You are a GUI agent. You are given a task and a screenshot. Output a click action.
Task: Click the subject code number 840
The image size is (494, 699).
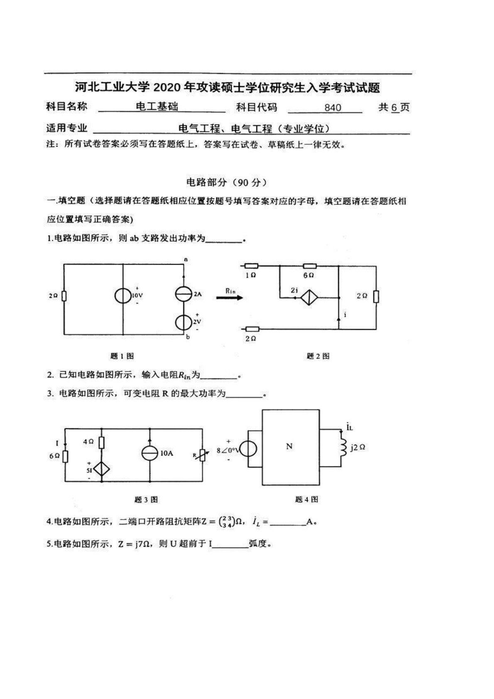click(333, 108)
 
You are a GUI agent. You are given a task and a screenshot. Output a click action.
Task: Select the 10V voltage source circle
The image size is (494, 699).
click(123, 295)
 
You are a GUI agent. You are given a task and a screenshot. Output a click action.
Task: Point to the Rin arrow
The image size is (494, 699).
click(230, 297)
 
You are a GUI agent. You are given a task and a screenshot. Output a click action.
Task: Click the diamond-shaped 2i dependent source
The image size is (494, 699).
click(309, 297)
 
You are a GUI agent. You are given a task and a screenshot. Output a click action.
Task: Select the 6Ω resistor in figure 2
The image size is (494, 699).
click(310, 266)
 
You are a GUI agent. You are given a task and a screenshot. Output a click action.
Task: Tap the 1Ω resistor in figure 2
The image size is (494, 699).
click(251, 266)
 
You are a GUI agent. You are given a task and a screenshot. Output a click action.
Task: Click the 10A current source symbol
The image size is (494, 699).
click(149, 453)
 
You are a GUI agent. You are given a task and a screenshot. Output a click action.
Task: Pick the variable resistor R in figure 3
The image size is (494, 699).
click(202, 455)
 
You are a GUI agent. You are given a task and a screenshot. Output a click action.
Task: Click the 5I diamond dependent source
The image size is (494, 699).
click(101, 469)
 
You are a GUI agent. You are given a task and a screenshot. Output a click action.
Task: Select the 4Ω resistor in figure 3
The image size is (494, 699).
click(101, 443)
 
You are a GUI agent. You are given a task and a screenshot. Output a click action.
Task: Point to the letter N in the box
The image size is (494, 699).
click(289, 446)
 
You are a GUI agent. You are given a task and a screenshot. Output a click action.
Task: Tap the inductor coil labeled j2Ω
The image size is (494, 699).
click(343, 446)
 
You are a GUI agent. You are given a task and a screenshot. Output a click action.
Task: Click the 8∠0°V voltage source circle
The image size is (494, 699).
click(249, 449)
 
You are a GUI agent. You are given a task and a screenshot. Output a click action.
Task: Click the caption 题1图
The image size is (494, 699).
click(122, 356)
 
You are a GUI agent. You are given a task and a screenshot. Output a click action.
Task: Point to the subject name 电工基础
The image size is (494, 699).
click(157, 107)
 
